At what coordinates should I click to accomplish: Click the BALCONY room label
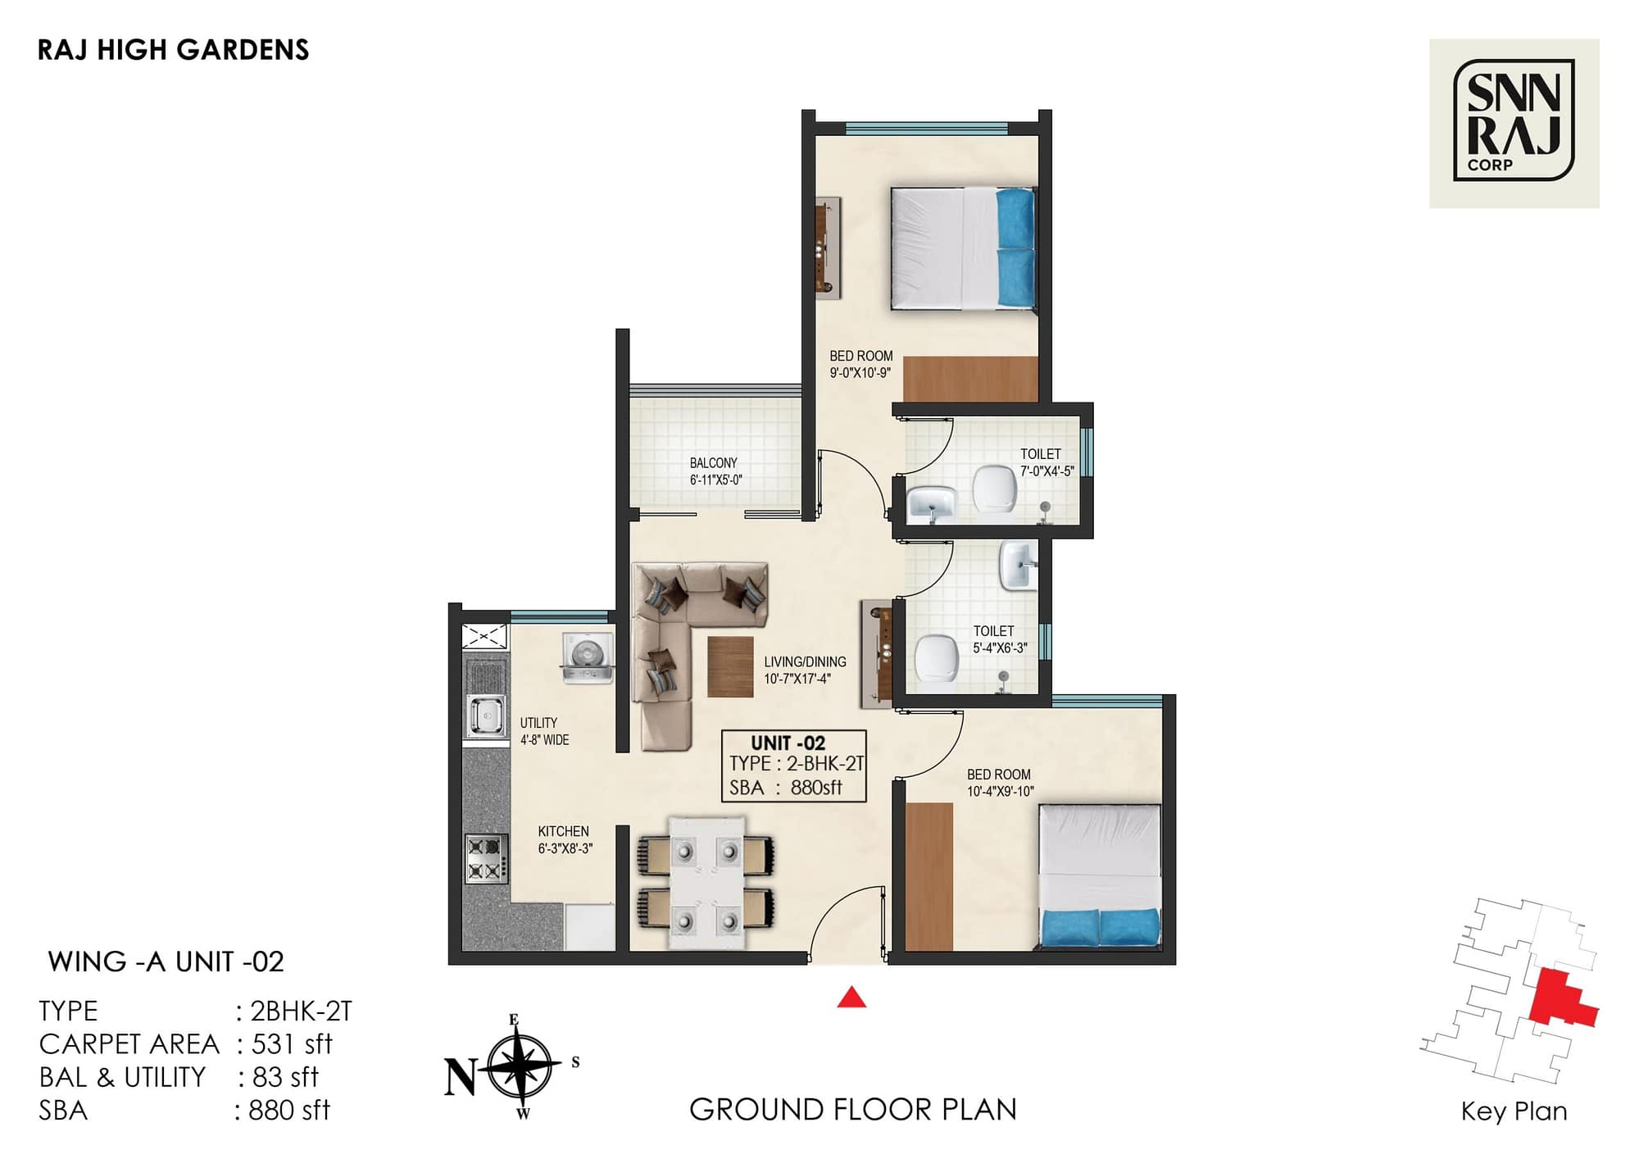[713, 463]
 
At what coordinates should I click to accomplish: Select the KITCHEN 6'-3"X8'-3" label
[564, 839]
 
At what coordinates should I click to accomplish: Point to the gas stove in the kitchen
[485, 858]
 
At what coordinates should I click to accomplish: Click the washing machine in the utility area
[588, 657]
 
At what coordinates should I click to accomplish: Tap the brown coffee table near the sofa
[729, 666]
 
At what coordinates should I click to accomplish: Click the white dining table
[706, 882]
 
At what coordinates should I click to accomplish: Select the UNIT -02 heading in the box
[788, 743]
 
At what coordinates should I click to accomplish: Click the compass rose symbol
[519, 1066]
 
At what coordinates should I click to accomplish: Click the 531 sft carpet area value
[292, 1043]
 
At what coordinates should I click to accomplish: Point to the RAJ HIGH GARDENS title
[173, 50]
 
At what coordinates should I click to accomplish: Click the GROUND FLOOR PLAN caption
[852, 1109]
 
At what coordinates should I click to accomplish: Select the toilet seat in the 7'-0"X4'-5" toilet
[994, 489]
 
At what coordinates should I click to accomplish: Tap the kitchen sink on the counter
[485, 715]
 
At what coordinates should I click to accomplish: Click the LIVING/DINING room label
[805, 661]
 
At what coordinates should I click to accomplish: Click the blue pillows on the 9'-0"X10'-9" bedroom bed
[1015, 248]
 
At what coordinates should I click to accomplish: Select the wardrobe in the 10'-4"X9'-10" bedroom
[928, 875]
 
